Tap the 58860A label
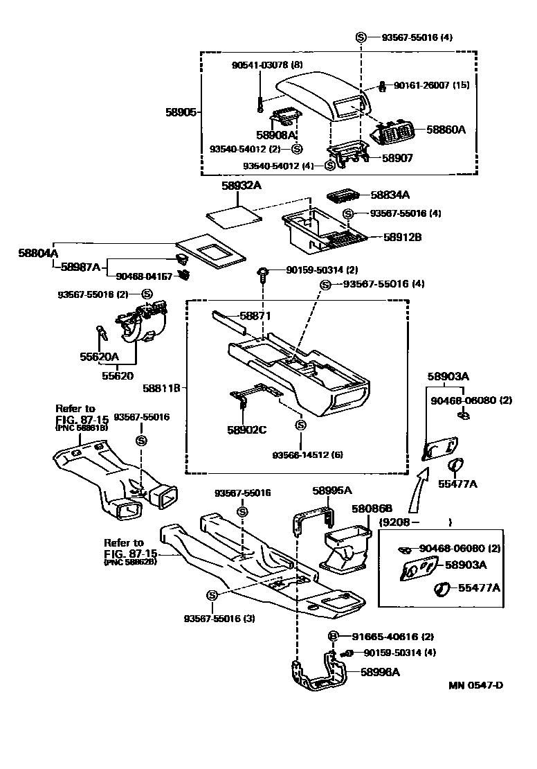point(446,129)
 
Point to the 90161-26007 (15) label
point(432,85)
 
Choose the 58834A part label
point(390,195)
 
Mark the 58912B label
point(403,236)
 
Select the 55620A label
point(100,357)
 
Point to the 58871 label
point(255,315)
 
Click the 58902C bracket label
point(247,430)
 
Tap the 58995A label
point(332,490)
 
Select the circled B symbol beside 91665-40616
point(332,636)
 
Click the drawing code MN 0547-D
point(475,686)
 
